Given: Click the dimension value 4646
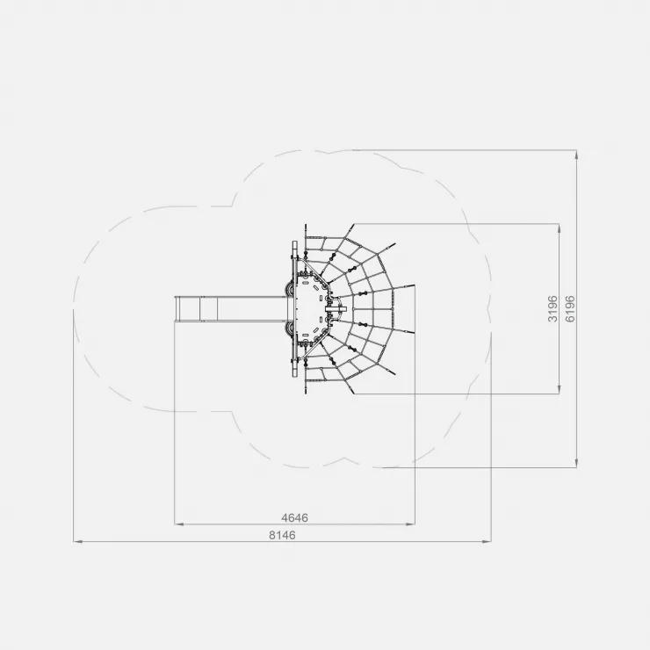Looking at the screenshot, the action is click(295, 517).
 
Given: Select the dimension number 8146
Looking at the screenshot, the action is click(282, 535).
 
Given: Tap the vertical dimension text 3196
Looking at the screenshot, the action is click(552, 309).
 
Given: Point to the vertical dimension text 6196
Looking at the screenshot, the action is click(570, 309).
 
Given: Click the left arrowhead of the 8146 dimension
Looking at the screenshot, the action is click(77, 541).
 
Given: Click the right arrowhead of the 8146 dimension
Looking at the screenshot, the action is click(487, 541).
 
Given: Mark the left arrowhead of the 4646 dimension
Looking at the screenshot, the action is click(178, 524).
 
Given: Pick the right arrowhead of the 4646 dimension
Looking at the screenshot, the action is click(410, 524).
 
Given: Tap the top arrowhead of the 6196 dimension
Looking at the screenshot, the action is click(576, 155).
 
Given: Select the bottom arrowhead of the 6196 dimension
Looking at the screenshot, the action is click(576, 463).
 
